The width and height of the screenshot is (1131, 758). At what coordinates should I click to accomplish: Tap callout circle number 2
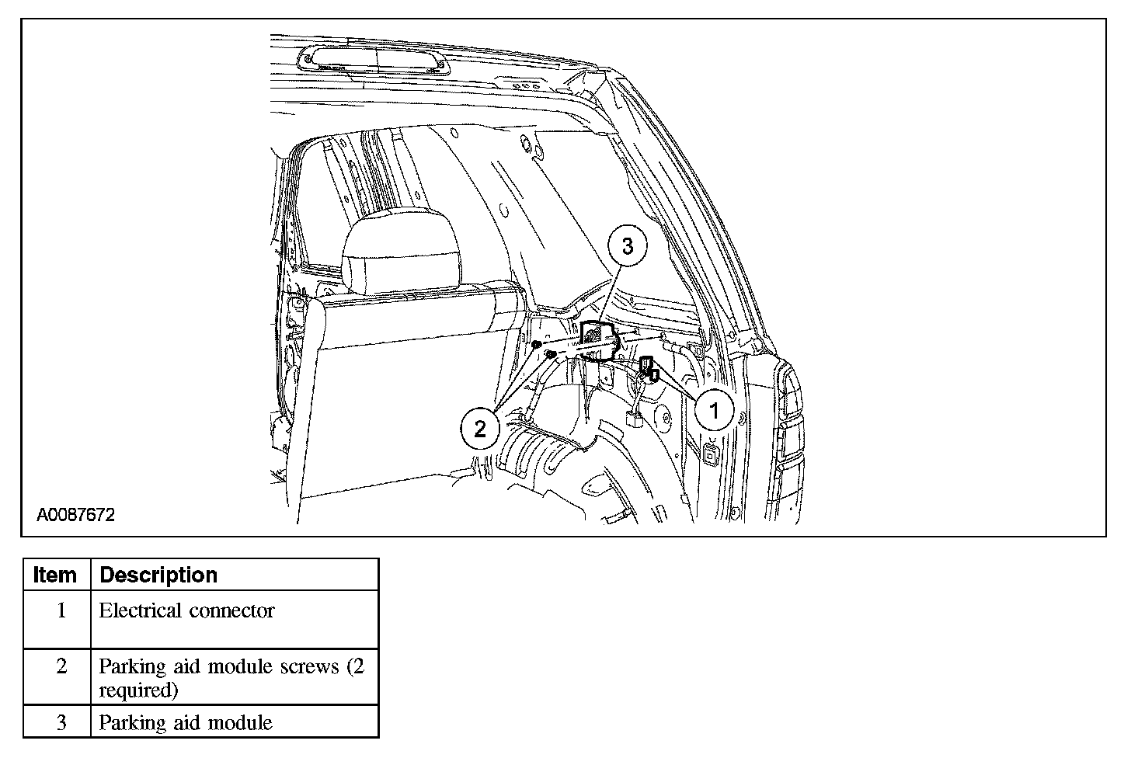click(x=479, y=428)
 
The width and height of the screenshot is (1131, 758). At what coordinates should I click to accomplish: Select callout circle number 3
click(x=627, y=246)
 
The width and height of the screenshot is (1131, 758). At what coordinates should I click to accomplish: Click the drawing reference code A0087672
click(x=76, y=515)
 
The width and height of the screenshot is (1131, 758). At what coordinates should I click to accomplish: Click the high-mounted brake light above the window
click(x=373, y=60)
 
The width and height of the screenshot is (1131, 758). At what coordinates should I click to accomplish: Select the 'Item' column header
click(x=56, y=575)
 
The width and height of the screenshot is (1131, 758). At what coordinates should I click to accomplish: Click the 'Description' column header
click(x=158, y=575)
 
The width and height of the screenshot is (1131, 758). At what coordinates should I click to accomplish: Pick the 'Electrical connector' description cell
click(x=186, y=611)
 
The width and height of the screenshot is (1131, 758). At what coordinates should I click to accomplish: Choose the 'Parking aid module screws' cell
click(x=231, y=666)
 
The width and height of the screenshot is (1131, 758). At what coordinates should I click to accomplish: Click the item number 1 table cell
click(x=61, y=611)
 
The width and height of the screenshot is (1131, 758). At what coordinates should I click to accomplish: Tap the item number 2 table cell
click(x=61, y=666)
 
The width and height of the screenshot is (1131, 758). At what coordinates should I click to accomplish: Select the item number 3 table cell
click(x=61, y=722)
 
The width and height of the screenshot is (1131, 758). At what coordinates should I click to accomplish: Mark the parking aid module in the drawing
click(x=598, y=338)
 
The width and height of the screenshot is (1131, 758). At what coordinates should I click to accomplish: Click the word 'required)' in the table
click(x=138, y=690)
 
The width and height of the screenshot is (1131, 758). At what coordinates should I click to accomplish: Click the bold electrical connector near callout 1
click(x=649, y=370)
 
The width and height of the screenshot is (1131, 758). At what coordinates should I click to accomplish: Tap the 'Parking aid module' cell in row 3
click(x=186, y=722)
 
